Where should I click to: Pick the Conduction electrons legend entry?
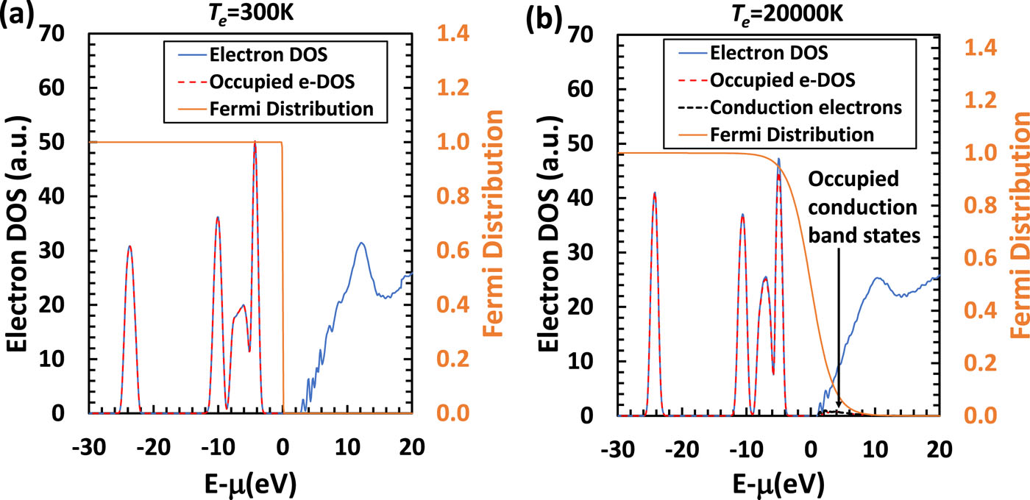click(x=806, y=107)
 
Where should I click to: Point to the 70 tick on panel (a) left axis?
click(x=63, y=34)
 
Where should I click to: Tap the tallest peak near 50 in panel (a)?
click(x=255, y=143)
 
